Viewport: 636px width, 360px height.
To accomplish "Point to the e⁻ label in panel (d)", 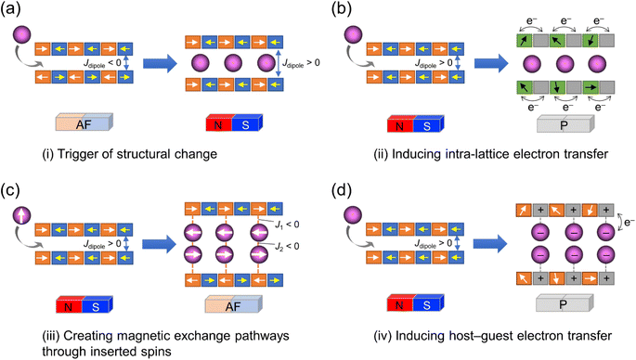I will (x=624, y=220).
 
